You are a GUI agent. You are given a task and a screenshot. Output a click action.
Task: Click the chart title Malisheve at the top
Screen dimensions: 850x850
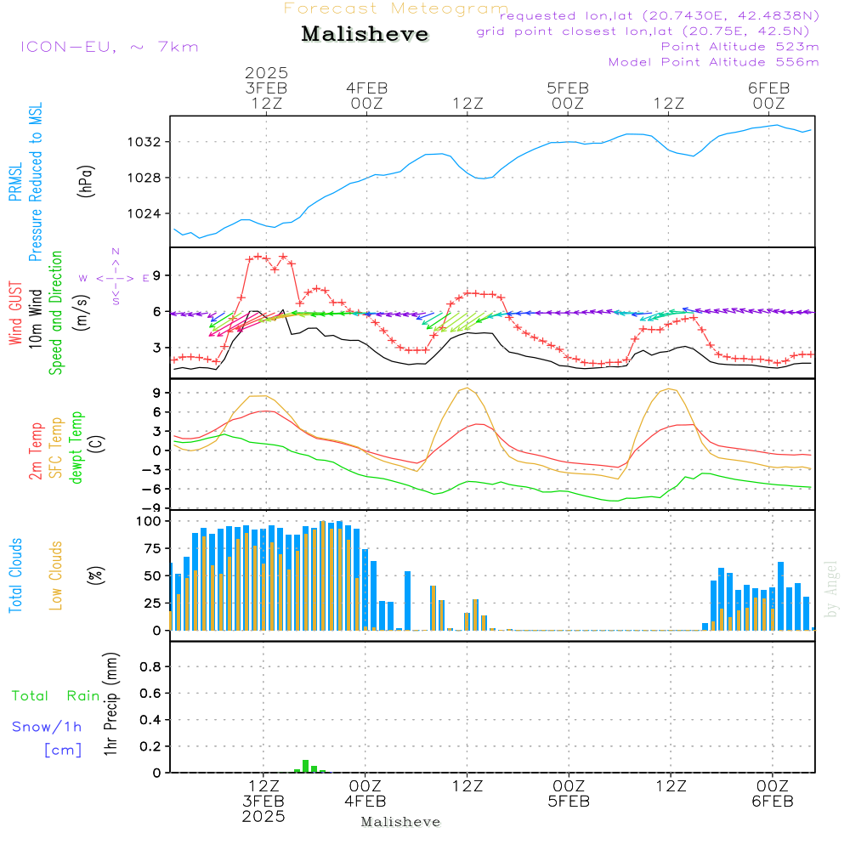pos(365,34)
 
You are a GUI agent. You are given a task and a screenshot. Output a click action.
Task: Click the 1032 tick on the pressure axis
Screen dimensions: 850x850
pos(144,142)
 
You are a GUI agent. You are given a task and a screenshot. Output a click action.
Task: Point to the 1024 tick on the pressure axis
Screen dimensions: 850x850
pos(144,213)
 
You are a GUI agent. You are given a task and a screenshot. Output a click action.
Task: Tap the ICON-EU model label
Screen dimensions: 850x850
pos(109,47)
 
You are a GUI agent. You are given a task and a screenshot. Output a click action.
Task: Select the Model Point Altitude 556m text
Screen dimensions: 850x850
pos(713,62)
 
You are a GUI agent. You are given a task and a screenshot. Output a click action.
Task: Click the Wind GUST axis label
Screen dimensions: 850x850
pos(15,313)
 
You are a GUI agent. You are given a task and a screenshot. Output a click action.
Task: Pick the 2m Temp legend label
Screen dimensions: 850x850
pos(36,451)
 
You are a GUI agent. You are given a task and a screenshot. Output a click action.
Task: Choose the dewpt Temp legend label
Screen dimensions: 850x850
pos(76,447)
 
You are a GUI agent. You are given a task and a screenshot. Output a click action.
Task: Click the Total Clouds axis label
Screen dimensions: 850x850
pos(15,575)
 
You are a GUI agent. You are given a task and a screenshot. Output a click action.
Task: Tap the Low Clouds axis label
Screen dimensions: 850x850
pos(56,575)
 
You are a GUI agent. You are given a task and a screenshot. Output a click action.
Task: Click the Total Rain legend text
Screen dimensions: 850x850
pos(56,695)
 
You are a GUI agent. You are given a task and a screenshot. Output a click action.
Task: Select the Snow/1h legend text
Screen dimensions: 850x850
pos(47,727)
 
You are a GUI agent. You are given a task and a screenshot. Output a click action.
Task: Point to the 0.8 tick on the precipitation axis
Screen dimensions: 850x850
pos(150,666)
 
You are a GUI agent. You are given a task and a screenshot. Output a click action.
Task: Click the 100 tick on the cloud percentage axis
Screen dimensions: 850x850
pos(148,521)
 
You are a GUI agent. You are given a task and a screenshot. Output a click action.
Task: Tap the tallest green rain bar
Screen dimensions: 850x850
pos(306,766)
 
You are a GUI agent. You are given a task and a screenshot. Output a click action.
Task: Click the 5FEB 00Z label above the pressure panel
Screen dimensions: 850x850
pos(568,95)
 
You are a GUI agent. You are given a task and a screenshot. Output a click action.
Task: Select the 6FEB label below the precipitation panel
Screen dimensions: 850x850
pos(773,802)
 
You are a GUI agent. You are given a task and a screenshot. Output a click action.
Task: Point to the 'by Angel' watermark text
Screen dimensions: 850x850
pos(830,589)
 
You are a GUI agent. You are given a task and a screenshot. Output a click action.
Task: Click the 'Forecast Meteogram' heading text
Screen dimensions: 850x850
pos(396,8)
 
